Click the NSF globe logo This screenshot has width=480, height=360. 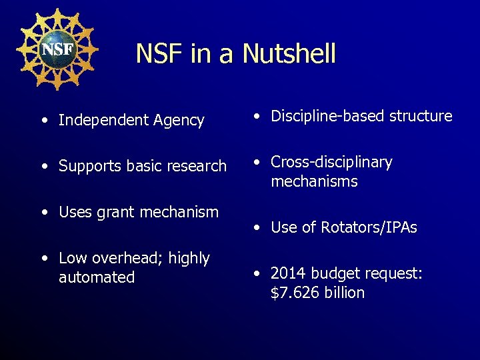point(57,49)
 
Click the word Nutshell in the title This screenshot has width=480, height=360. point(289,53)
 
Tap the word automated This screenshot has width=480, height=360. point(97,277)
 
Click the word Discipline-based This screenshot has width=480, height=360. point(321,116)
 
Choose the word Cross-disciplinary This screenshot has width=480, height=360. point(331,163)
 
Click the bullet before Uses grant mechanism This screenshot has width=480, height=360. point(43,213)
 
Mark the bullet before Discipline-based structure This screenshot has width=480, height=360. point(256,117)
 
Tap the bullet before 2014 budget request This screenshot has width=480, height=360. point(256,274)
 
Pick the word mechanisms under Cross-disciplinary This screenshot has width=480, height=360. point(314,181)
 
